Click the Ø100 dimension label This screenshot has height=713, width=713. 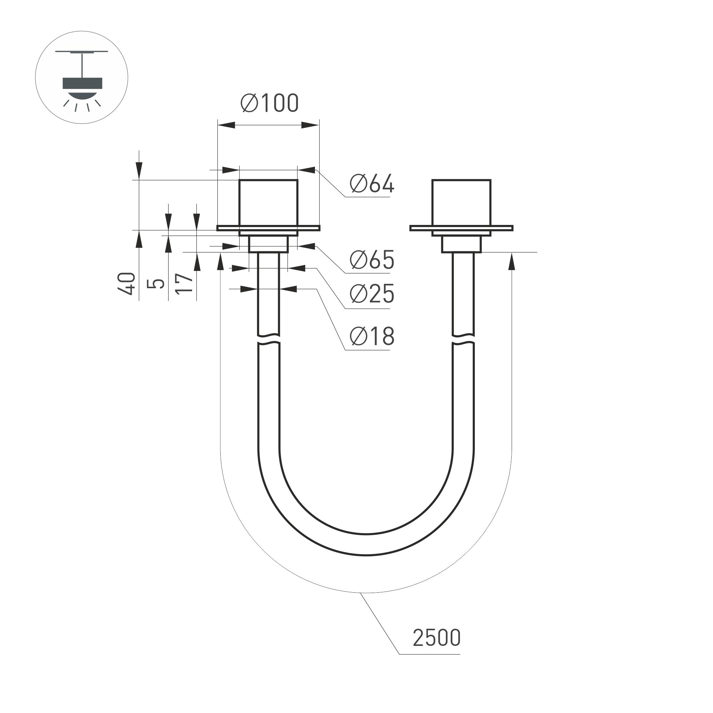pyautogui.click(x=270, y=103)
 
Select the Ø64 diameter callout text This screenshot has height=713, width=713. pyautogui.click(x=372, y=184)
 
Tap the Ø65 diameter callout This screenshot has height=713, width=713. pyautogui.click(x=372, y=260)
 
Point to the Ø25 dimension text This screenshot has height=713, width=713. pyautogui.click(x=372, y=294)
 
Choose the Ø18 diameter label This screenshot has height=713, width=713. pyautogui.click(x=372, y=336)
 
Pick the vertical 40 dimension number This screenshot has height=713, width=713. pyautogui.click(x=127, y=283)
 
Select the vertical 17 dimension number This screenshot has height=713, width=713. pyautogui.click(x=184, y=283)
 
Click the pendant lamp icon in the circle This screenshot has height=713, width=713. pyautogui.click(x=82, y=83)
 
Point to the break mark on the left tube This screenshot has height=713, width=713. pyautogui.click(x=268, y=340)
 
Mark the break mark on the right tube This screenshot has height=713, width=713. pyautogui.click(x=463, y=340)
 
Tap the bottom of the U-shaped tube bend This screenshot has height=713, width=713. pyautogui.click(x=366, y=544)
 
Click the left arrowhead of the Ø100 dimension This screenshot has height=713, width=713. pyautogui.click(x=226, y=125)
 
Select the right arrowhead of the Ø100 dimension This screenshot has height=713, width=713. pyautogui.click(x=310, y=125)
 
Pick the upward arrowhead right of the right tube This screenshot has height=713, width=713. pyautogui.click(x=512, y=261)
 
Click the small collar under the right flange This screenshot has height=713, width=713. pyautogui.click(x=461, y=245)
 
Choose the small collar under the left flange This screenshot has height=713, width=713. pyautogui.click(x=268, y=244)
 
